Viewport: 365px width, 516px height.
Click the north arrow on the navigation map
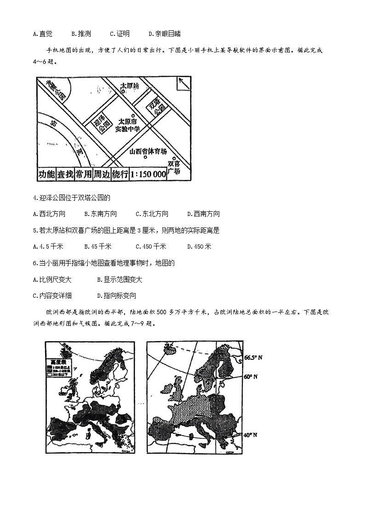coord(182,85)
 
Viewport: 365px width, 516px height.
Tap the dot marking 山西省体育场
coord(146,158)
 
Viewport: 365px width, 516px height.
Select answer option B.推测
coord(81,34)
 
